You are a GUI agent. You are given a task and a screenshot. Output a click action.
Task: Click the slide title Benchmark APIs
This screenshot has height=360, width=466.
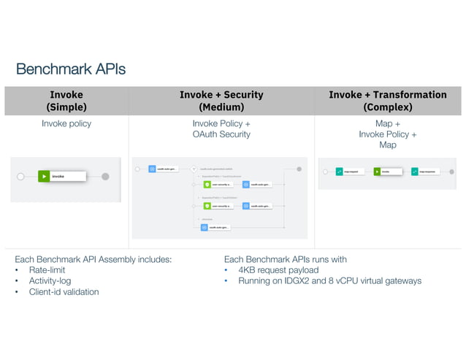coord(71,69)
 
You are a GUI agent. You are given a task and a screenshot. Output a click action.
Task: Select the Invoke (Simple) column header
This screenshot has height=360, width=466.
coord(66,101)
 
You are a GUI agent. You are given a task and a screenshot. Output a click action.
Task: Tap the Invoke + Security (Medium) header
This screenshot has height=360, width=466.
coord(221,101)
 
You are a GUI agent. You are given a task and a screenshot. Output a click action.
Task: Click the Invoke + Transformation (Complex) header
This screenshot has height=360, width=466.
coord(387,101)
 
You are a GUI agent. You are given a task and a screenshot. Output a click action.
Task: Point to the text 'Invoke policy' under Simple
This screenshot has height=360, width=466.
coord(66,123)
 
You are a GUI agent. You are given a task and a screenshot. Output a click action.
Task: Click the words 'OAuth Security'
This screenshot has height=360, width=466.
coord(221,134)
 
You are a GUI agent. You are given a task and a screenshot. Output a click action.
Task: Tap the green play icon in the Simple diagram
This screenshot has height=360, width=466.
coord(45,176)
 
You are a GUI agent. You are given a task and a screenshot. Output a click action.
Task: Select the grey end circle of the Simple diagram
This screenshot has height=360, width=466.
coord(105,176)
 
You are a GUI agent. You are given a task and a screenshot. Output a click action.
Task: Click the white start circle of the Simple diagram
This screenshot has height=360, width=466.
coord(20,176)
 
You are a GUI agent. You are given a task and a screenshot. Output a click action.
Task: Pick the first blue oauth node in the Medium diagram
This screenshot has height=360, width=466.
coord(153,169)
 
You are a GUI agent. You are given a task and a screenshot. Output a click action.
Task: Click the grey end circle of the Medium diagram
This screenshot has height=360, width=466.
coord(299,169)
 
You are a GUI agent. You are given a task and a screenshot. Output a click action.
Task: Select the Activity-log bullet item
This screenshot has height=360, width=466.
coord(50,280)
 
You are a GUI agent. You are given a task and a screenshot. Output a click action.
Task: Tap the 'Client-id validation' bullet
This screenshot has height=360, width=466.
coord(64,291)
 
